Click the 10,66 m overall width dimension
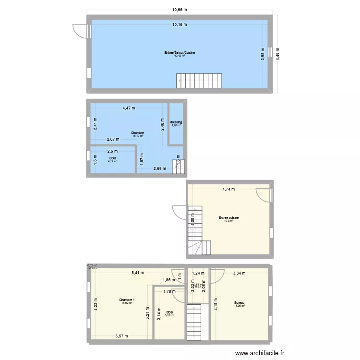point(180,9)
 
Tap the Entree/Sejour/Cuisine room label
point(180,53)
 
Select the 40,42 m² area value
point(180,56)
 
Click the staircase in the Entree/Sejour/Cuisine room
point(199,81)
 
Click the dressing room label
point(176,122)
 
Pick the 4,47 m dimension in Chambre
point(129,108)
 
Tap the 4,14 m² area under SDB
point(113,161)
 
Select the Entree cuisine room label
point(228,218)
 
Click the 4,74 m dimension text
point(228,189)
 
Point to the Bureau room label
point(239,303)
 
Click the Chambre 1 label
point(127,300)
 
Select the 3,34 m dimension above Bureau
point(239,274)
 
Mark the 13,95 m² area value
point(239,306)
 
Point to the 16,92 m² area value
point(127,303)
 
